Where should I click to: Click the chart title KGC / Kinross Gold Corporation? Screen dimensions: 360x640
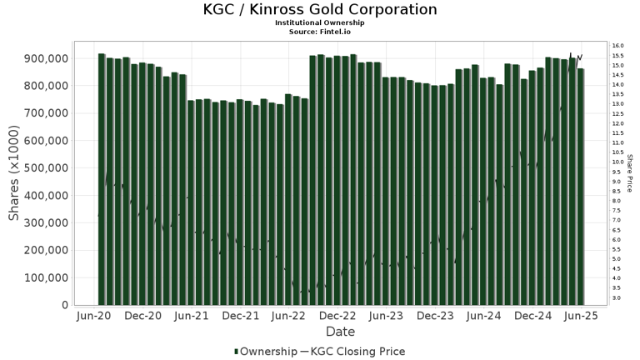click(x=320, y=10)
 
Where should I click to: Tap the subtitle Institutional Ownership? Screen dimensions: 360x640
click(x=320, y=22)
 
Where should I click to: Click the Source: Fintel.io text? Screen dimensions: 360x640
click(x=320, y=31)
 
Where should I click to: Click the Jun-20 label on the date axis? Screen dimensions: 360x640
click(x=94, y=317)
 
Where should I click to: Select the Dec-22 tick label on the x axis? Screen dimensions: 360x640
click(x=338, y=317)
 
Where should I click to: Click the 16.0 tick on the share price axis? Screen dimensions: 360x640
click(x=617, y=46)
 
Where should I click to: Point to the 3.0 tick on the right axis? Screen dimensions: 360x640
click(x=616, y=297)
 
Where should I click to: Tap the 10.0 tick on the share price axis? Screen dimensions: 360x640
click(x=617, y=162)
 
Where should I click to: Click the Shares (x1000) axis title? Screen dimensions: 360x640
click(x=14, y=175)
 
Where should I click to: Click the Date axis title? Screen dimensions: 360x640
click(x=340, y=332)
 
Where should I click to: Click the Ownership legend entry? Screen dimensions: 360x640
click(x=265, y=352)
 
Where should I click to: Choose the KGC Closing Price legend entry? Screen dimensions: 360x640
click(x=357, y=352)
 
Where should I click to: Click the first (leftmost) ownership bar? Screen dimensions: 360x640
click(x=102, y=179)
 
